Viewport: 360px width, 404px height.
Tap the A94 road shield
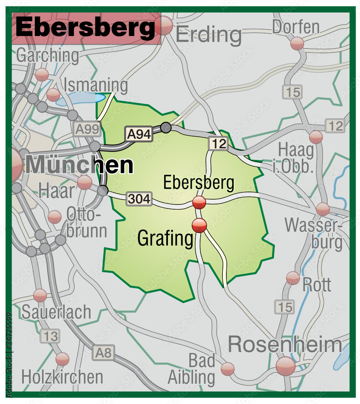[139, 134]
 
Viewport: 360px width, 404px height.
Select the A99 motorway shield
[87, 129]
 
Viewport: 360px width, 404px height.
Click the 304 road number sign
[139, 198]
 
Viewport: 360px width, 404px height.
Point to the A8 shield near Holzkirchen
[104, 353]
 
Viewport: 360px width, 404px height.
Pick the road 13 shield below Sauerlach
[52, 336]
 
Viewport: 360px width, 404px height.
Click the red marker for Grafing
[199, 225]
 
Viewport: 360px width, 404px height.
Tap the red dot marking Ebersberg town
[199, 202]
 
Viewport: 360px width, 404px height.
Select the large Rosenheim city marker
[286, 366]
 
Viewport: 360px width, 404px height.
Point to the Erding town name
[209, 35]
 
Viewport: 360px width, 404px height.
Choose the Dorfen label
[296, 27]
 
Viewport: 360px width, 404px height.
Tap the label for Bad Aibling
[192, 369]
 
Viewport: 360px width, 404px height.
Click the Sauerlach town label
[57, 312]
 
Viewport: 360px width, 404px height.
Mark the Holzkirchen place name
[62, 377]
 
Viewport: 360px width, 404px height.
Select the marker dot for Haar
[85, 182]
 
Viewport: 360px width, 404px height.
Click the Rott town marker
[293, 278]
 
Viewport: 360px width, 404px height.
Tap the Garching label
[48, 56]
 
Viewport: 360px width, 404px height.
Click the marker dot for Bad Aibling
[228, 368]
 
